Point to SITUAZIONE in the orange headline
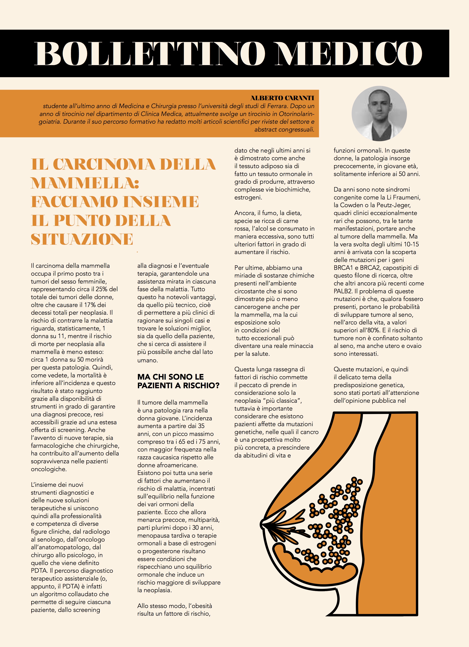[x=82, y=239]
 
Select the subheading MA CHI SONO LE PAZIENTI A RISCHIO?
[x=178, y=381]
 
